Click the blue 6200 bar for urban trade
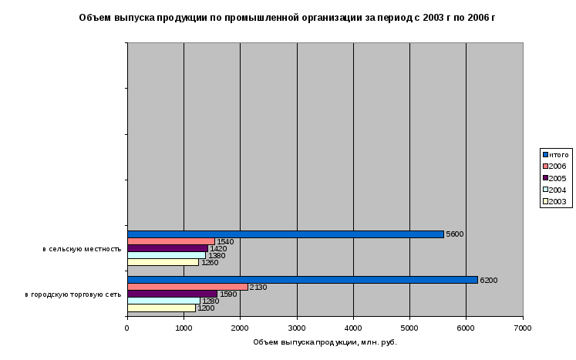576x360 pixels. click(302, 280)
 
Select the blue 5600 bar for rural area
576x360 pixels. click(285, 234)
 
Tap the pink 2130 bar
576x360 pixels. click(187, 287)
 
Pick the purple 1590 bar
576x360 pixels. click(172, 294)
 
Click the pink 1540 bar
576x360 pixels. click(170, 241)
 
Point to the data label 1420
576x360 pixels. click(217, 249)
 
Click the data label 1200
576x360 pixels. click(206, 308)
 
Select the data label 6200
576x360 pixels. click(488, 280)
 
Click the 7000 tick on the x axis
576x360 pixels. click(523, 328)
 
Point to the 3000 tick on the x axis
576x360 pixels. click(297, 328)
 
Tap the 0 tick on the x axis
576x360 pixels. click(127, 328)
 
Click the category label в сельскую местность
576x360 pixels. click(82, 249)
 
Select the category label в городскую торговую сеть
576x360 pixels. click(73, 294)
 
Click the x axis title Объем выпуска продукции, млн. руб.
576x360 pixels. click(325, 342)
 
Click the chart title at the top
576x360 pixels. click(287, 17)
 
